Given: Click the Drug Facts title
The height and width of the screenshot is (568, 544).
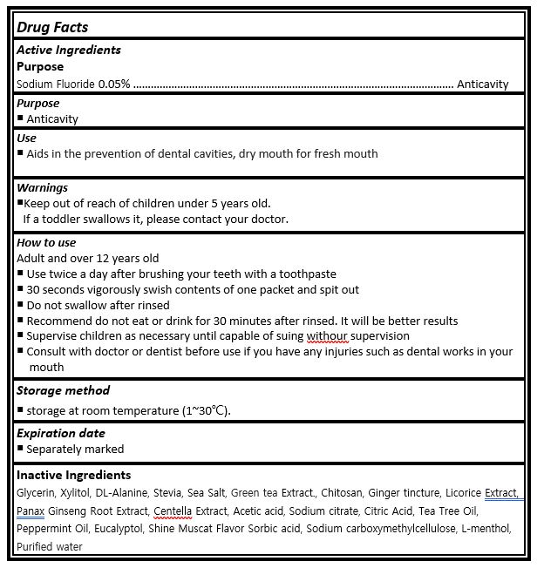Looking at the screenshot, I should pos(52,27).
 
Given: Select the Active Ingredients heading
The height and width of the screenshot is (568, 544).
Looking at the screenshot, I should pos(69,50).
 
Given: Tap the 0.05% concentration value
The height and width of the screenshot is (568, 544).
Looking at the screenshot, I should pos(114,85).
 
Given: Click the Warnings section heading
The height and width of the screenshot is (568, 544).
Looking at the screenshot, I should pos(42,187).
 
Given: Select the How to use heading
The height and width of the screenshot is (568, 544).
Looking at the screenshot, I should pos(46,242).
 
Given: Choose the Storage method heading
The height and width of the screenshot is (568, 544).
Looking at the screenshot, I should pos(63,390).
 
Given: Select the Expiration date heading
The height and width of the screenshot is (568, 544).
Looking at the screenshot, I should pos(61,433).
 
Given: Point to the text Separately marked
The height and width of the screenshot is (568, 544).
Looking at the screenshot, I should pos(75,450).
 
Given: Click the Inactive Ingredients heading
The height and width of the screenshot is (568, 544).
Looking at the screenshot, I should pos(74,475).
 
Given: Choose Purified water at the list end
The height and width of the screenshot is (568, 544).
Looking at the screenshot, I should pos(50,546).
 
